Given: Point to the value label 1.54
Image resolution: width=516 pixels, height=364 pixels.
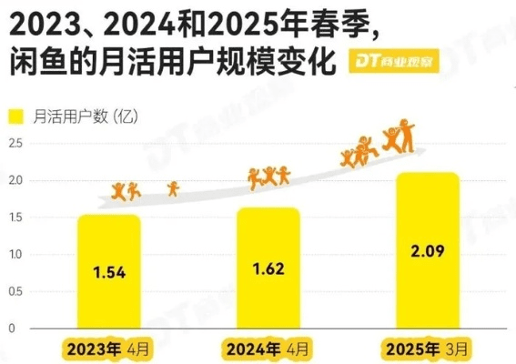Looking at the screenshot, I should click(108, 272).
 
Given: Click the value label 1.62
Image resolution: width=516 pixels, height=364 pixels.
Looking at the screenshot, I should click(268, 268).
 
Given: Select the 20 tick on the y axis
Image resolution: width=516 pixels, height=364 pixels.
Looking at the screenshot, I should click(14, 180).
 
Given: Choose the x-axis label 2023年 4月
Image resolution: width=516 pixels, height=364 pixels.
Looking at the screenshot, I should click(107, 348).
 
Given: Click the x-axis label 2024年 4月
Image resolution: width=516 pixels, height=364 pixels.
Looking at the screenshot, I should click(267, 348).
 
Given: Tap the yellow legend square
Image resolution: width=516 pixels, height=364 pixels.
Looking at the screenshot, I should click(15, 116).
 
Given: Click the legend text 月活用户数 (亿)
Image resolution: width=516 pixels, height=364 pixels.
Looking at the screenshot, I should click(83, 116).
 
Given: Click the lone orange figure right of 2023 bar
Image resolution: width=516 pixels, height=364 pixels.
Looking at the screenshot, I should click(173, 188).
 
